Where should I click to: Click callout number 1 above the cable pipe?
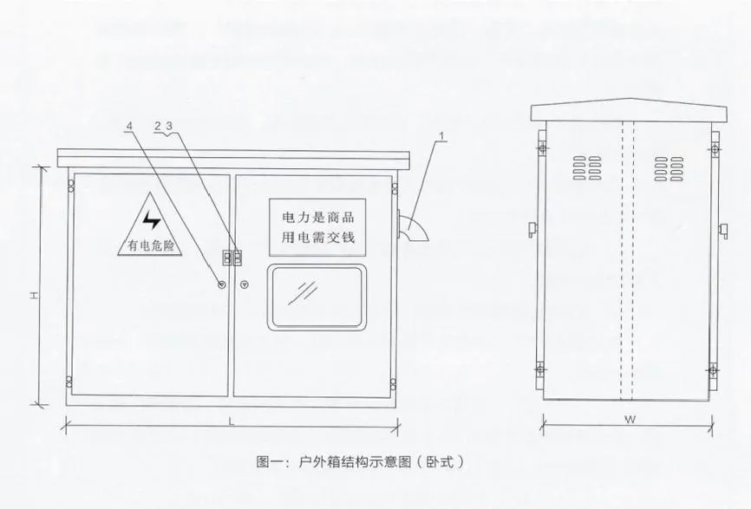click(x=442, y=136)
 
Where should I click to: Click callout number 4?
click(x=130, y=127)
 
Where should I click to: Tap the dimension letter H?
click(x=30, y=296)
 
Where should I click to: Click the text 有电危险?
click(x=151, y=246)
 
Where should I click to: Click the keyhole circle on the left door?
click(x=221, y=284)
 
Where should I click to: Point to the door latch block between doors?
click(x=232, y=257)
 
